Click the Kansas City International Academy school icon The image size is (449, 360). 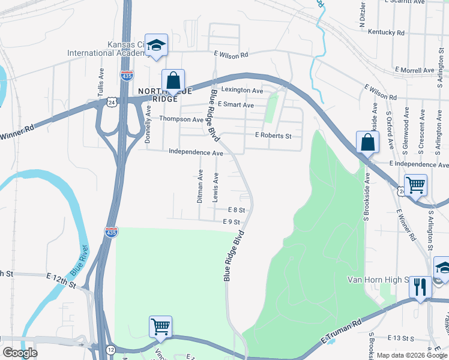(x=157, y=45)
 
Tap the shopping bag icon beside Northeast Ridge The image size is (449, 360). (x=173, y=80)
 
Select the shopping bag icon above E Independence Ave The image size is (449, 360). (x=367, y=143)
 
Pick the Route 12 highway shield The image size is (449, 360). (x=111, y=348)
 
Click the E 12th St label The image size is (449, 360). (x=61, y=277)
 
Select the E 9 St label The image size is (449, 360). (x=231, y=222)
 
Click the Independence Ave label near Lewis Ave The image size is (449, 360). (x=196, y=153)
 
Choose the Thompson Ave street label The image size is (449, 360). (x=181, y=119)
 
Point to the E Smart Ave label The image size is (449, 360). (x=235, y=104)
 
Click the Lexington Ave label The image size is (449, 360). (x=242, y=91)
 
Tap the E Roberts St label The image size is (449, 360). (x=273, y=136)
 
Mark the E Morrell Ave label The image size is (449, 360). (x=414, y=70)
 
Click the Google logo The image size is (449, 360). (x=20, y=353)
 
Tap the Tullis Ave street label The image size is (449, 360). (x=101, y=81)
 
